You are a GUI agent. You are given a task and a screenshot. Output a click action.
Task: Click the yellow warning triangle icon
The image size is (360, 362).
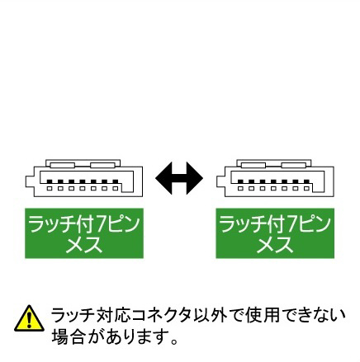[29, 318]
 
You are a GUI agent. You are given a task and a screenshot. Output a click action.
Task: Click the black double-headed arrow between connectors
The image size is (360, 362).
[179, 178]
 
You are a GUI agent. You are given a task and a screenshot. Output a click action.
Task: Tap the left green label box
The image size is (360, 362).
[84, 233]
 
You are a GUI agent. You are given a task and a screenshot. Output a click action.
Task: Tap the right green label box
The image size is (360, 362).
[275, 233]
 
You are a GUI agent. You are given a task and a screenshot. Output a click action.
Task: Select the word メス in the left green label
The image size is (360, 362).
[84, 245]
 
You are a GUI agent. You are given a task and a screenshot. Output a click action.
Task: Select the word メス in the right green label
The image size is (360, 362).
[275, 245]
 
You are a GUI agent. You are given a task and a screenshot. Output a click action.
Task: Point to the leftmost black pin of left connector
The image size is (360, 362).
[50, 181]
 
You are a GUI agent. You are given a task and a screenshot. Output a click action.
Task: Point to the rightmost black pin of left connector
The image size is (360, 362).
[116, 181]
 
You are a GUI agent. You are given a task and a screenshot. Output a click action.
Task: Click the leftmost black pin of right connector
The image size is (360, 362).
[240, 181]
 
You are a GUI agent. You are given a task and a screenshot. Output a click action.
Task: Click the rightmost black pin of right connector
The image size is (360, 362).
[306, 181]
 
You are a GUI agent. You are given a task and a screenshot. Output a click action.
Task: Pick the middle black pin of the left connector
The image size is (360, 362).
[83, 181]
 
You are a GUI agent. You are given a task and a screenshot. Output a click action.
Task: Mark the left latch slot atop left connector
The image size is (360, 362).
[62, 165]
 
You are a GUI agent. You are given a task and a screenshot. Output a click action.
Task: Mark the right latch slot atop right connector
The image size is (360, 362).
[293, 165]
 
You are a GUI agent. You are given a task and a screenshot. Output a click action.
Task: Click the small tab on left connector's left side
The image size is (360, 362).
[30, 181]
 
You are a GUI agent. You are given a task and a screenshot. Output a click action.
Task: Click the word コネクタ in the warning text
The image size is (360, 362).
[162, 315]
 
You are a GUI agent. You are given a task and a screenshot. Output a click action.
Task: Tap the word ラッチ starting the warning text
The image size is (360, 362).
[72, 315]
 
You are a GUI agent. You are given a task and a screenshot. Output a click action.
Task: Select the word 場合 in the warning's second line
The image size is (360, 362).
[68, 336]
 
